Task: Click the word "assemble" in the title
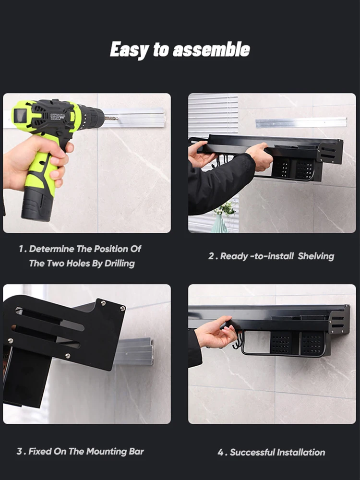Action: (x=211, y=49)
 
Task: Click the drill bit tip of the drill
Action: (x=118, y=118)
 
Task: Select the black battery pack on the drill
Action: (x=37, y=204)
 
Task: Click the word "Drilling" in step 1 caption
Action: (x=120, y=264)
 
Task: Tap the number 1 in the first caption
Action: (x=21, y=249)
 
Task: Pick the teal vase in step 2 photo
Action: (x=220, y=224)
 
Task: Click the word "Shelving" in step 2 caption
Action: (x=316, y=256)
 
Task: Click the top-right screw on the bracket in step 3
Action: (x=123, y=309)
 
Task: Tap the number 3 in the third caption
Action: (x=20, y=452)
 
